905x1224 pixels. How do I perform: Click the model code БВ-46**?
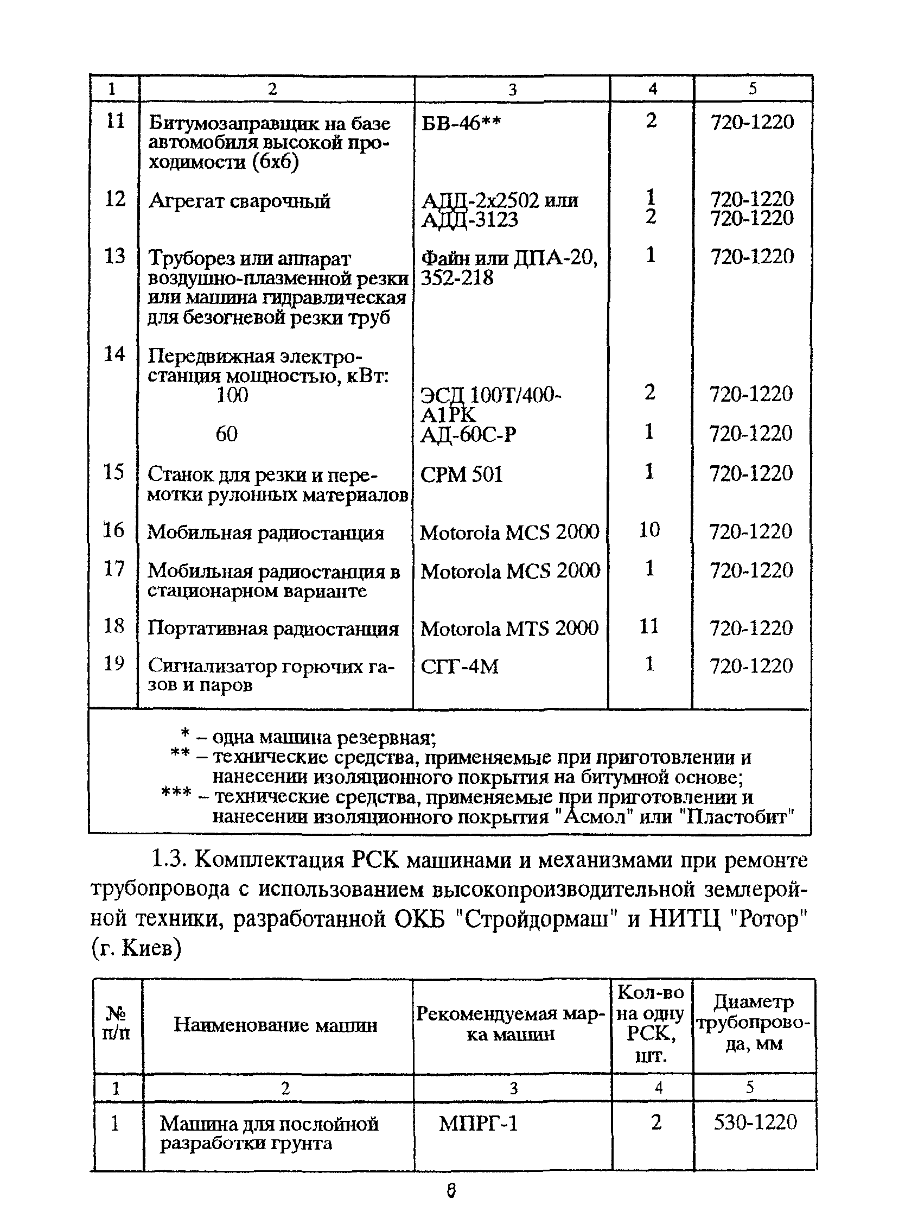(x=461, y=123)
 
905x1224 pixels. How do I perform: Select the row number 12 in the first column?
(x=115, y=199)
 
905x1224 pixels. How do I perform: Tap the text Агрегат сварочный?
(x=239, y=201)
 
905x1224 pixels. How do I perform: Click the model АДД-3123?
(x=469, y=220)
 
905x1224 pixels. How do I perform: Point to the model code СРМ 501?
(x=461, y=474)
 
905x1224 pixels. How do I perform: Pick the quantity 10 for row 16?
(x=649, y=530)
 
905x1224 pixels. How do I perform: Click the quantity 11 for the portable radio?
(x=648, y=626)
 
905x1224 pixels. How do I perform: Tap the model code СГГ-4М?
(x=459, y=667)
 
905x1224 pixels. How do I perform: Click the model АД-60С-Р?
(x=468, y=435)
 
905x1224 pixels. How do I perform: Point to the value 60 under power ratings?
(x=226, y=434)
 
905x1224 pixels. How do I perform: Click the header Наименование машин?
(x=276, y=1025)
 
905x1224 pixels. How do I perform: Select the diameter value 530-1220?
(x=755, y=1122)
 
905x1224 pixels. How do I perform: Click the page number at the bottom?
(x=451, y=1190)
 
